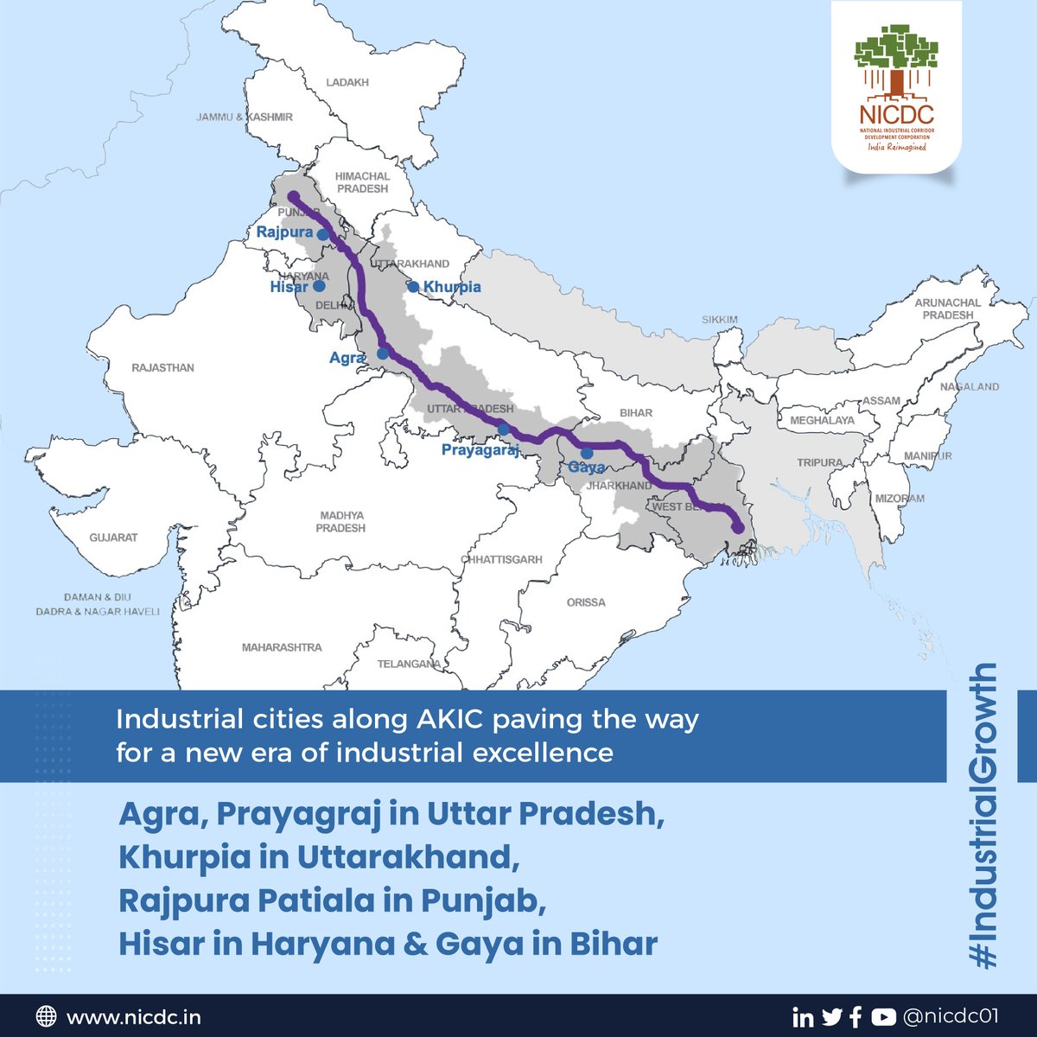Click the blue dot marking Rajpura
pyautogui.click(x=322, y=233)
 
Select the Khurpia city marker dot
pyautogui.click(x=414, y=287)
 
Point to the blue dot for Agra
pyautogui.click(x=383, y=353)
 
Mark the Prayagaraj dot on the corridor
pyautogui.click(x=502, y=429)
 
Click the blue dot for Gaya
pyautogui.click(x=587, y=453)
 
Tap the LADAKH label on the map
pyautogui.click(x=347, y=82)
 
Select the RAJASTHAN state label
pyautogui.click(x=162, y=368)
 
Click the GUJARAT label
pyautogui.click(x=113, y=538)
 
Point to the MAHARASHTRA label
pyautogui.click(x=282, y=647)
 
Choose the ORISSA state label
pyautogui.click(x=586, y=602)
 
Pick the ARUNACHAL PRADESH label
pyautogui.click(x=948, y=309)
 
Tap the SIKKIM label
pyautogui.click(x=720, y=320)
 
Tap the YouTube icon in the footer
pyautogui.click(x=883, y=1017)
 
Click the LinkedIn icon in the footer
pyautogui.click(x=803, y=1017)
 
